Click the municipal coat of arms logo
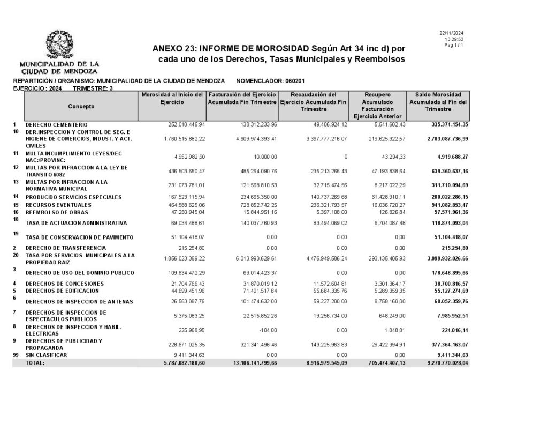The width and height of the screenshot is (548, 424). [59, 46]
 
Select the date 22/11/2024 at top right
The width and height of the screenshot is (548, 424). [451, 33]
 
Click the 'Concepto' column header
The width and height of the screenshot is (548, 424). [81, 106]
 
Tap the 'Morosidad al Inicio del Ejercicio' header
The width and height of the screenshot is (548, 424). [171, 98]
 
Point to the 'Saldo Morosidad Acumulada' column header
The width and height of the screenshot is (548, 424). [438, 101]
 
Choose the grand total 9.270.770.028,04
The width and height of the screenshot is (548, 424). [443, 363]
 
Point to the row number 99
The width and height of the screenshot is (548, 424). [16, 355]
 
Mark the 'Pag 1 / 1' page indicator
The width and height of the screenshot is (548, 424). [454, 45]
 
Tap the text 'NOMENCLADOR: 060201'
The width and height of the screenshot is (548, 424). [270, 81]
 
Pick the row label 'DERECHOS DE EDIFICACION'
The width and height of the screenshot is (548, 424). [62, 291]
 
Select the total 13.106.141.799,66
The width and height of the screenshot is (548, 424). [243, 363]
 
